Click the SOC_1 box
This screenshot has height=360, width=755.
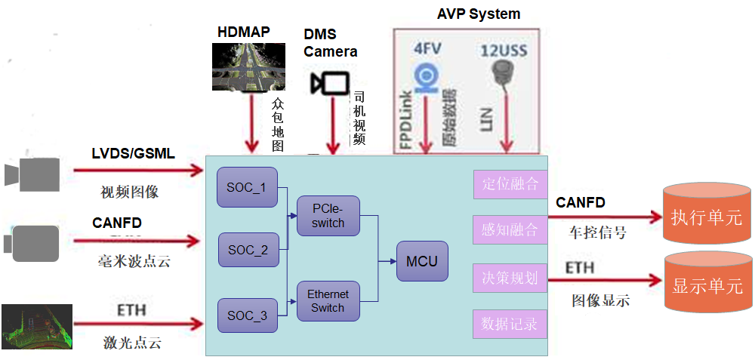point(247,187)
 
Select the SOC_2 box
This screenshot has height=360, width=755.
point(248,250)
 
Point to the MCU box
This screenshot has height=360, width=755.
point(422,262)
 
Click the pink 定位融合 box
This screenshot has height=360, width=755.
point(510,183)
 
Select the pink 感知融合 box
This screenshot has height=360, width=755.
point(510,229)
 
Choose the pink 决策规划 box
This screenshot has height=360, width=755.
point(510,278)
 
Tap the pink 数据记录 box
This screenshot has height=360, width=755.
point(510,325)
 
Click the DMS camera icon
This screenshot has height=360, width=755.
point(329,83)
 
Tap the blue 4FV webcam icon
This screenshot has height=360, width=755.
point(427,77)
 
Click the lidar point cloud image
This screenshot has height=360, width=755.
point(37,328)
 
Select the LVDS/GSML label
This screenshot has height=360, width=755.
point(134,154)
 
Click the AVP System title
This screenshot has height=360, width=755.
point(479,14)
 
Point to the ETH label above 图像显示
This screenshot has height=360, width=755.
point(580,268)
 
